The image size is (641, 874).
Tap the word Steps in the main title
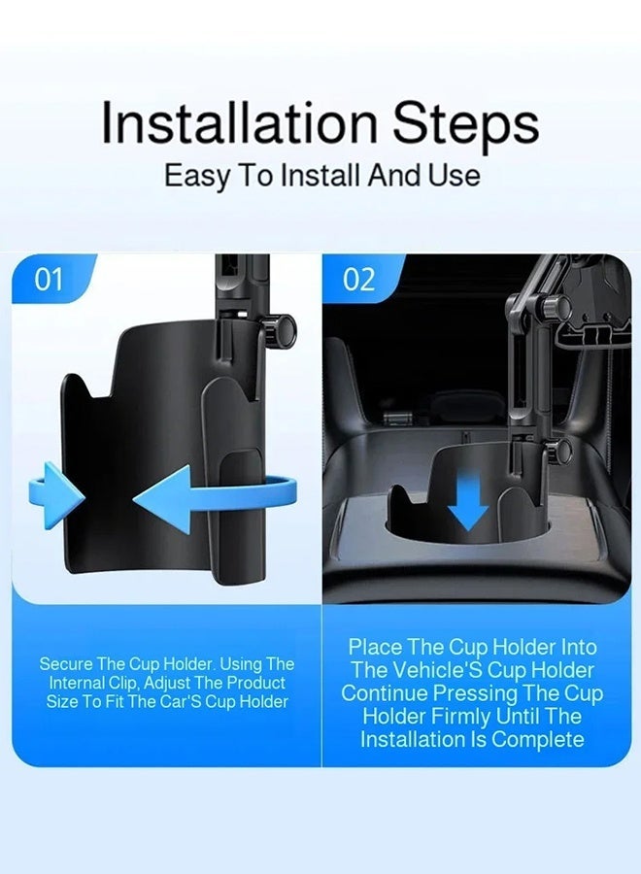(466, 126)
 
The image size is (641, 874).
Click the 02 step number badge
(358, 280)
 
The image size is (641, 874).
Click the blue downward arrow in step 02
(468, 499)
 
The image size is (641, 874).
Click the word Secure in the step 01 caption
(65, 664)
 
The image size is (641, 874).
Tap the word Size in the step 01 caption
(62, 702)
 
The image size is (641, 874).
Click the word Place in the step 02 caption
(375, 647)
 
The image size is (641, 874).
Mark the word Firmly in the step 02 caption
(461, 718)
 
